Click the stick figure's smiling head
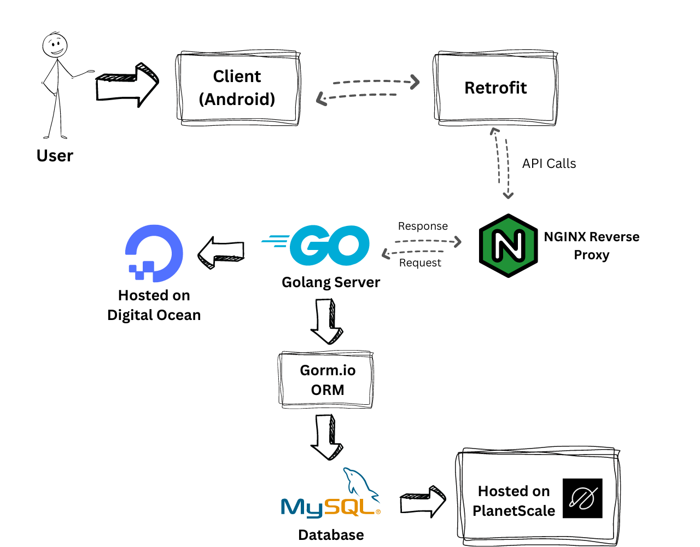pyautogui.click(x=55, y=45)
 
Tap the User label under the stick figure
pyautogui.click(x=55, y=156)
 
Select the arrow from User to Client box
pyautogui.click(x=126, y=85)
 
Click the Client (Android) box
pyautogui.click(x=237, y=88)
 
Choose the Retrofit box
pyautogui.click(x=495, y=88)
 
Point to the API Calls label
pyautogui.click(x=549, y=164)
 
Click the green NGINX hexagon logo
pyautogui.click(x=508, y=246)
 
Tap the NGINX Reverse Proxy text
pyautogui.click(x=591, y=246)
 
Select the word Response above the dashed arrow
pyautogui.click(x=423, y=226)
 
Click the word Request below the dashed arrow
pyautogui.click(x=420, y=263)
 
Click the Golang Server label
pyautogui.click(x=331, y=282)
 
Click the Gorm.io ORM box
pyautogui.click(x=327, y=380)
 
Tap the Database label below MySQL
pyautogui.click(x=331, y=535)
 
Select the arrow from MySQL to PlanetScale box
pyautogui.click(x=423, y=501)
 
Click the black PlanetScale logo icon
pyautogui.click(x=582, y=498)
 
